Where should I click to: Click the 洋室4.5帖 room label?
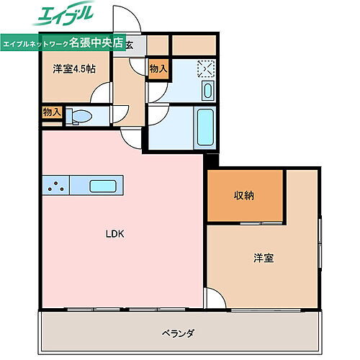click(74, 70)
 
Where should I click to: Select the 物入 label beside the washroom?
click(158, 69)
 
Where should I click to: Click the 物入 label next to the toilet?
click(52, 112)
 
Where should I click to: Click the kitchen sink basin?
click(105, 186)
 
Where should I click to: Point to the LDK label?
click(115, 233)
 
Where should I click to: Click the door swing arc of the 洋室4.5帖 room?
click(102, 94)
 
